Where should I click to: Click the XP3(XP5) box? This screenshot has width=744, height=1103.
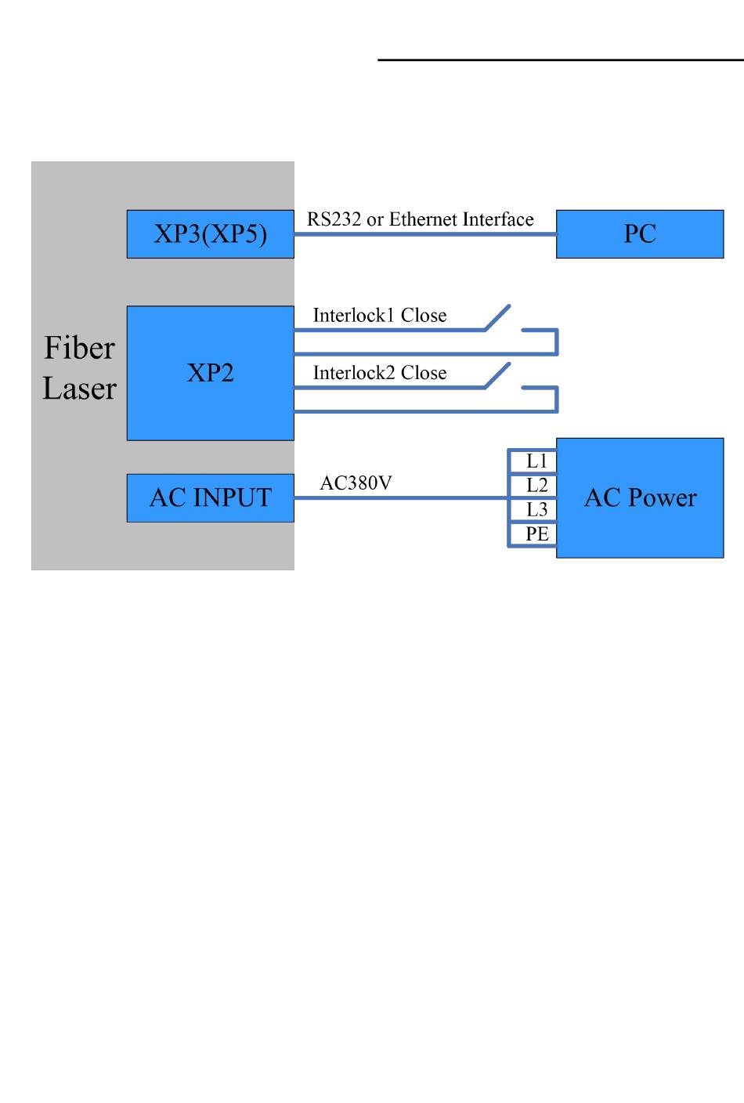pyautogui.click(x=210, y=234)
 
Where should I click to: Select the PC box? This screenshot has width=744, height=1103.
pyautogui.click(x=640, y=234)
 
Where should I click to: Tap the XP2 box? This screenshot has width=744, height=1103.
pyautogui.click(x=210, y=373)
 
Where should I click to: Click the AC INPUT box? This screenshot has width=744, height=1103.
pyautogui.click(x=210, y=497)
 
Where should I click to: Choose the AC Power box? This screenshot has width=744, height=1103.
pyautogui.click(x=640, y=497)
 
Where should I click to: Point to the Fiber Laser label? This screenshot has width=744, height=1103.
pyautogui.click(x=79, y=368)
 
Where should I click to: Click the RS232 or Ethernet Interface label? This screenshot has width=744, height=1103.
pyautogui.click(x=420, y=219)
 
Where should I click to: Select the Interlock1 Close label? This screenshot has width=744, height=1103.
pyautogui.click(x=380, y=315)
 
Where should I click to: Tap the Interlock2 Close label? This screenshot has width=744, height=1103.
pyautogui.click(x=380, y=373)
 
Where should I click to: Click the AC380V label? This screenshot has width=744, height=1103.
pyautogui.click(x=356, y=483)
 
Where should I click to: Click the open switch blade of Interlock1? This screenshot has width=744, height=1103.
pyautogui.click(x=497, y=317)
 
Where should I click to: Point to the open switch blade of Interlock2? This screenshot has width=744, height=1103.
pyautogui.click(x=497, y=376)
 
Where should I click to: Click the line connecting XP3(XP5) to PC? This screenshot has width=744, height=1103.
pyautogui.click(x=425, y=234)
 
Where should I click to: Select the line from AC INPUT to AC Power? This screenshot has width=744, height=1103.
pyautogui.click(x=401, y=497)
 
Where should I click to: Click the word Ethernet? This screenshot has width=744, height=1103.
pyautogui.click(x=423, y=219)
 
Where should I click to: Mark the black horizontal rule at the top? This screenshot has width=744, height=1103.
pyautogui.click(x=561, y=60)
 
